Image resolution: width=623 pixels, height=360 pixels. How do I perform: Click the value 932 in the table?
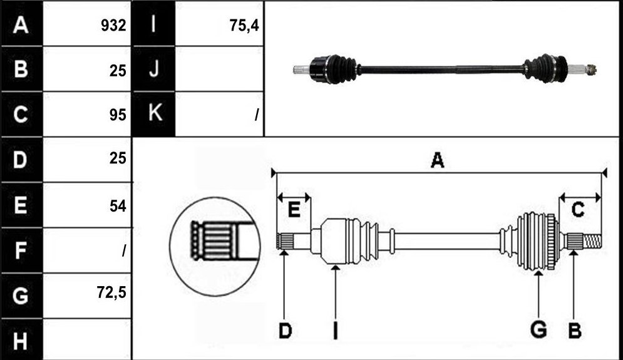[x=113, y=26]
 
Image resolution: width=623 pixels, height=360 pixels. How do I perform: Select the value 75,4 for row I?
[x=244, y=26]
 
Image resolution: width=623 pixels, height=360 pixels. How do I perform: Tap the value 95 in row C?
[x=118, y=115]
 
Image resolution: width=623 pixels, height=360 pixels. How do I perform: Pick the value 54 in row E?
[x=118, y=206]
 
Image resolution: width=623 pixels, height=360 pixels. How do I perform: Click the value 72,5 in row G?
[x=111, y=292]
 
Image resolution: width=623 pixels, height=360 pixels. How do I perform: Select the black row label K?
[x=154, y=114]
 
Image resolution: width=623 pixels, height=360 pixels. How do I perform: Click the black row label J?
[x=154, y=69]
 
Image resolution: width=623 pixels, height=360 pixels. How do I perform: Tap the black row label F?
[x=21, y=250]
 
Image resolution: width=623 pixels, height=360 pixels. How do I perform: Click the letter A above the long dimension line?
[x=437, y=160]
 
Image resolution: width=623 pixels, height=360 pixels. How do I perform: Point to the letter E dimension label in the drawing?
[x=294, y=209]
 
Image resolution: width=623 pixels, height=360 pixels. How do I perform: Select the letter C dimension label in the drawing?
[x=578, y=209]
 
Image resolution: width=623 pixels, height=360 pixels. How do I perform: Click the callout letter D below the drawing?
[x=286, y=331]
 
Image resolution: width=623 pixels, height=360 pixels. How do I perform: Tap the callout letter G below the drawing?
[x=538, y=330]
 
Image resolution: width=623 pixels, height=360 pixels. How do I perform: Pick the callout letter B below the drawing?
[x=575, y=331]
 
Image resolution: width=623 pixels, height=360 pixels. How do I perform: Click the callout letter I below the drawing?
[x=336, y=331]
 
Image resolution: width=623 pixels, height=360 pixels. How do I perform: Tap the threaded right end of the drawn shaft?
[x=592, y=241]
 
